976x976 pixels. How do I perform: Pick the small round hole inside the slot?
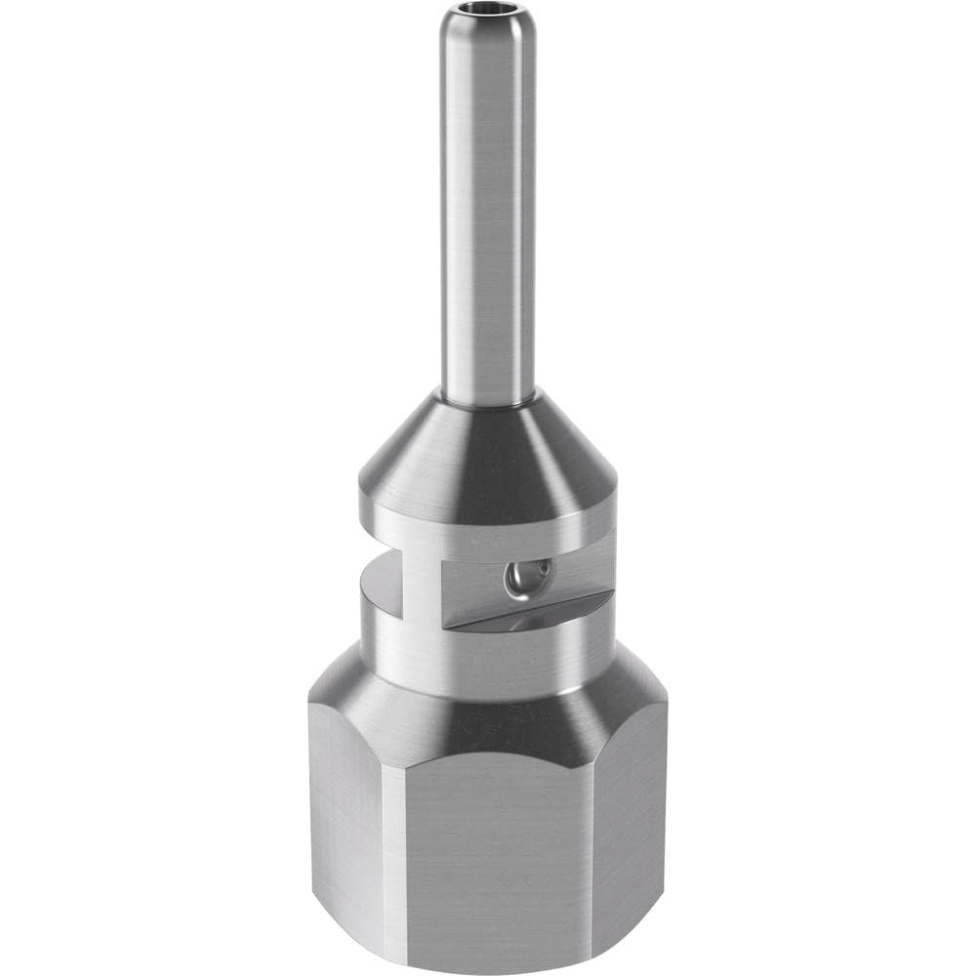coord(516,583)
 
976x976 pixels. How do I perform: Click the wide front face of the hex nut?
coord(498,859)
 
